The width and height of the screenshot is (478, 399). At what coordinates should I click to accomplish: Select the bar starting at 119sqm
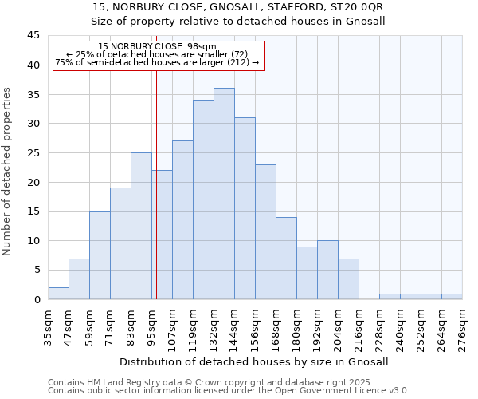203,199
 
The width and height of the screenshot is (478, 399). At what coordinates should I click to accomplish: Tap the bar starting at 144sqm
245,208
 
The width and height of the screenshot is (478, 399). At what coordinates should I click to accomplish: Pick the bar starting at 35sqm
58,294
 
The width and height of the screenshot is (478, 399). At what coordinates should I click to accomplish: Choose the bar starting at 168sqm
286,259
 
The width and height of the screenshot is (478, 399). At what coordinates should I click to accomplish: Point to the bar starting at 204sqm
348,279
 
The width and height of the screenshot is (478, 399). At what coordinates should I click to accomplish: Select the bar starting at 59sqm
100,255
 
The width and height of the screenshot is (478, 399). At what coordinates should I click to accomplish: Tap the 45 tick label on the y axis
33,36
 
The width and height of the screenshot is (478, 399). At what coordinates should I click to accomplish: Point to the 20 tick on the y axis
33,182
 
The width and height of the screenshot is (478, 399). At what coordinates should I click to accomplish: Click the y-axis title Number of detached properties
8,172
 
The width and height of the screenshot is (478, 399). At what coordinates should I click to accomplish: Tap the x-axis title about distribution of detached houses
255,361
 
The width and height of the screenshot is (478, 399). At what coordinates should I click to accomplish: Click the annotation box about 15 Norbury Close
158,55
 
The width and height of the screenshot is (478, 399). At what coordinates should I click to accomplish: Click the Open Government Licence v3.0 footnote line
229,391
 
